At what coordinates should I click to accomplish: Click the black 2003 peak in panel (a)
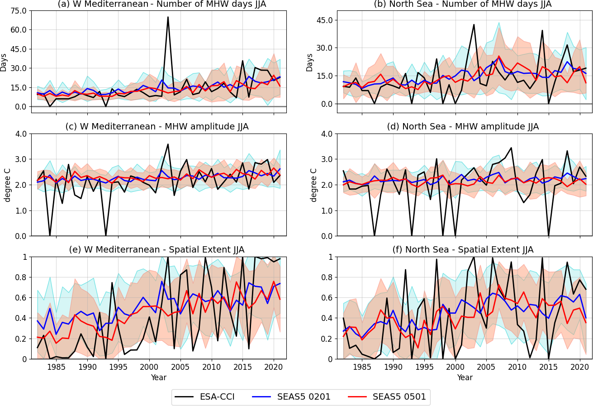tap(168, 17)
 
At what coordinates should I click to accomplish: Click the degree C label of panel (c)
tap(8, 185)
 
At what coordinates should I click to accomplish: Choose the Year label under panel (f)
tap(465, 377)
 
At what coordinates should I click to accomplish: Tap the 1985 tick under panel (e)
tap(56, 367)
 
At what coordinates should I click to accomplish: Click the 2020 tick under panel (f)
tap(580, 367)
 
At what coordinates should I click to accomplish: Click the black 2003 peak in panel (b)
tap(474, 24)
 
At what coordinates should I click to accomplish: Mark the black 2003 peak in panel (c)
tap(168, 144)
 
